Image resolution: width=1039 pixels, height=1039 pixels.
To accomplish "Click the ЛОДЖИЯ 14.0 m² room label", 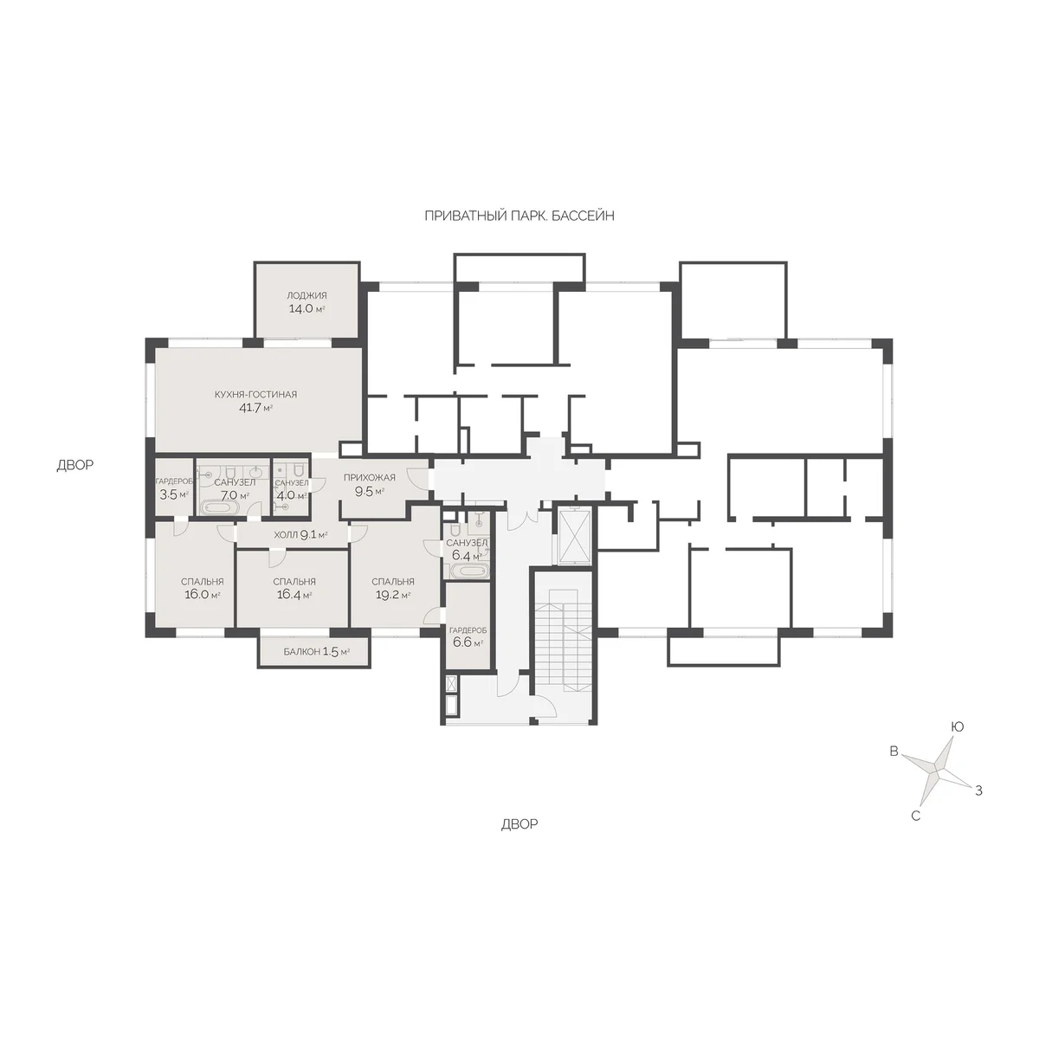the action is (x=307, y=302).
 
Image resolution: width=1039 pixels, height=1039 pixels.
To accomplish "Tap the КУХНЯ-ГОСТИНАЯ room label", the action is (x=255, y=394).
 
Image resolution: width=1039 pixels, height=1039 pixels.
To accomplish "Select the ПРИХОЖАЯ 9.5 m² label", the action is (x=370, y=484).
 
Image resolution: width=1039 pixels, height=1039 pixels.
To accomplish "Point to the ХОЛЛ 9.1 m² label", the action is (x=300, y=535).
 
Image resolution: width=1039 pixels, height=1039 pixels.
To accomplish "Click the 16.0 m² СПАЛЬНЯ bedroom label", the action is (x=203, y=588).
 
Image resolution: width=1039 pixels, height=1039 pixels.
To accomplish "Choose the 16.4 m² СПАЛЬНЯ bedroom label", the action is (x=294, y=588).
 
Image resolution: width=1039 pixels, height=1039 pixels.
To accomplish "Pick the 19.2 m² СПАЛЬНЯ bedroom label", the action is (x=393, y=588).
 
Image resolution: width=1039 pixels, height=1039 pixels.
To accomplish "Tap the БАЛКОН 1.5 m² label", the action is (x=317, y=652).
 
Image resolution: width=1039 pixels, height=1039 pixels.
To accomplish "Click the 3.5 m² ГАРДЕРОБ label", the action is (x=174, y=488).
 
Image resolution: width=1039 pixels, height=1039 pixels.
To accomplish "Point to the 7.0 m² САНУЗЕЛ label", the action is (x=235, y=488).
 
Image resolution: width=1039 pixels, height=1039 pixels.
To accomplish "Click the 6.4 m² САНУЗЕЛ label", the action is (x=467, y=550).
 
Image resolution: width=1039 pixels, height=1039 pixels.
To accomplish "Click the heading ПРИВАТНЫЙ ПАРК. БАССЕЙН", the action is (x=519, y=216).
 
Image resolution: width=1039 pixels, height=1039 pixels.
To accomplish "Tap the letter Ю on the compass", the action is (x=957, y=726).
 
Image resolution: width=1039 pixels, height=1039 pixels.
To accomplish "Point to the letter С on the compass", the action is (x=915, y=816).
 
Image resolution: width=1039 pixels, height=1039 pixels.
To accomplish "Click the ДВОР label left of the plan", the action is (x=75, y=465).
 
